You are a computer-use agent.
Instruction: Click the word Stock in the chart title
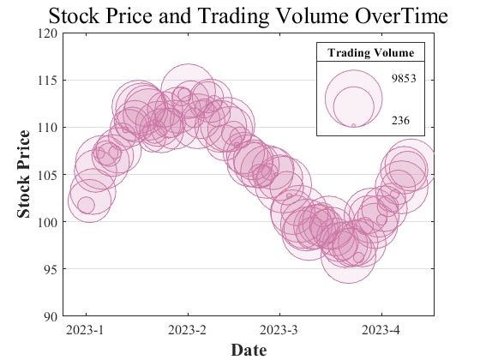[74, 16]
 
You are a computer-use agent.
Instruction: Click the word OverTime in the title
[401, 16]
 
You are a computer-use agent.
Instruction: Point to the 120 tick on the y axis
[48, 33]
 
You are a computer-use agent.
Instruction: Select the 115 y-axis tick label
[48, 81]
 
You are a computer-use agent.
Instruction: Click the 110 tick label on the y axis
[48, 128]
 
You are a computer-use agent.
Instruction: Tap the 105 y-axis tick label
[48, 175]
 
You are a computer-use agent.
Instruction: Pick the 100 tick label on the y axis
[48, 222]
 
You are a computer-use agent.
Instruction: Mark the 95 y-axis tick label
[51, 269]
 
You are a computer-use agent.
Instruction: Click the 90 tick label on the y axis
[51, 316]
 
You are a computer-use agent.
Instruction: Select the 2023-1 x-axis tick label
[85, 330]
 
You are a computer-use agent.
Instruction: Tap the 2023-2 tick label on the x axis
[187, 330]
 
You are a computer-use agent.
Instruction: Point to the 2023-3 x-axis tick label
[279, 330]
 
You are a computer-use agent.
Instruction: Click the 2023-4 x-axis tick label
[381, 330]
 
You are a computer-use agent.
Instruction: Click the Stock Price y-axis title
[24, 174]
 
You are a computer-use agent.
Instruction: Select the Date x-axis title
[249, 350]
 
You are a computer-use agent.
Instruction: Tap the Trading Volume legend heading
[370, 52]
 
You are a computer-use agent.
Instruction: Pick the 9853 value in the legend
[404, 79]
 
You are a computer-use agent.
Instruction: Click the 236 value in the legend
[400, 121]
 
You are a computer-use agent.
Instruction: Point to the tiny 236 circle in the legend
[353, 125]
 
